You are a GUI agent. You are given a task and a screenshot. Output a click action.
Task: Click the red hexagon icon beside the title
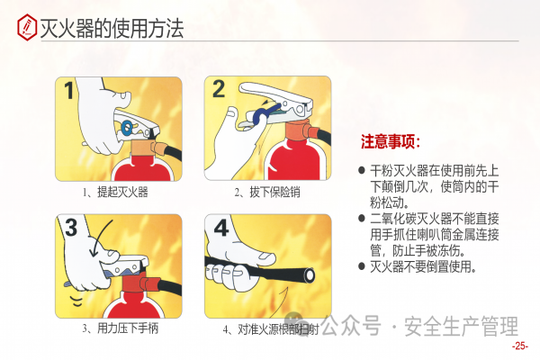coord(27,27)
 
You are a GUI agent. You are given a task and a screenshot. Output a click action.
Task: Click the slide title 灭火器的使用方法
coord(112,28)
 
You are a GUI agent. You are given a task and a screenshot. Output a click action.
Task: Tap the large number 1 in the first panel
coord(69,90)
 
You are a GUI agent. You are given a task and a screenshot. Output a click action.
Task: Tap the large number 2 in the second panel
coord(219,89)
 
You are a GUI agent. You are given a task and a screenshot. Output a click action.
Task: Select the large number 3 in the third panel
coord(71,228)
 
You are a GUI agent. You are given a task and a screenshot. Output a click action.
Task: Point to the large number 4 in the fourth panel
coord(221,228)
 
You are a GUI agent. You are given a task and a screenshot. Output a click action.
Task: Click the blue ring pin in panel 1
coord(127,128)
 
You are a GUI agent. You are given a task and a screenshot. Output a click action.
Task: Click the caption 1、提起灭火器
coord(115,192)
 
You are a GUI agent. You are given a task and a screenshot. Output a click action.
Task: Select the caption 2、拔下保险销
coord(267,192)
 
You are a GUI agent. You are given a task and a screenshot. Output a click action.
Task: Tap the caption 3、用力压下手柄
coord(121,328)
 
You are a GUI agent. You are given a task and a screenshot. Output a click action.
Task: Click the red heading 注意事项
coord(391,141)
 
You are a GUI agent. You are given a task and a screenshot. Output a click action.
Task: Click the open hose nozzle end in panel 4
coord(309,275)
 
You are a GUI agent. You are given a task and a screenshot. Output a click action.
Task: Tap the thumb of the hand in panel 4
coord(265,257)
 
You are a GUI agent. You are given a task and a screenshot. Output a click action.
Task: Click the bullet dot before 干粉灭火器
coord(362,170)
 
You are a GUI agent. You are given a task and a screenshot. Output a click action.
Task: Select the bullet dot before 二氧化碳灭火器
coord(362,218)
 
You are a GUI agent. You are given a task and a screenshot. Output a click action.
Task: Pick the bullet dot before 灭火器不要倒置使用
coord(362,266)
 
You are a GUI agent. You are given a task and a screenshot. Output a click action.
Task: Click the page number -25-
coord(520,346)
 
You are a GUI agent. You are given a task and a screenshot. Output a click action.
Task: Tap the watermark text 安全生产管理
coord(461,326)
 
